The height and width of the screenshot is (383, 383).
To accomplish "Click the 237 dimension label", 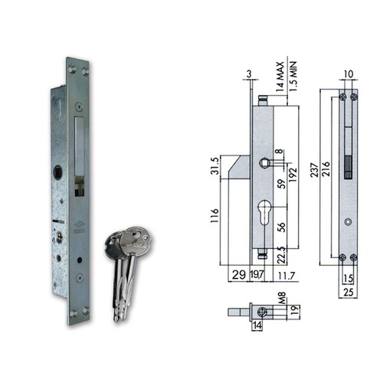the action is tap(315, 170).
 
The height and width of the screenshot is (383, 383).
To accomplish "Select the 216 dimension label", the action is tap(326, 169).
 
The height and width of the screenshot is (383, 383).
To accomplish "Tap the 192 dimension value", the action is tap(293, 175).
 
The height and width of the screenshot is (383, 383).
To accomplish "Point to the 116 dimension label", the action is tap(214, 215).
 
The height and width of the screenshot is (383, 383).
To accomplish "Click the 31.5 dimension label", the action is tap(214, 166).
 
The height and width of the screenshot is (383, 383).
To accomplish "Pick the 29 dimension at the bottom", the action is tap(239, 275).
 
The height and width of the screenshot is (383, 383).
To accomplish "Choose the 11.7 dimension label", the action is tap(286, 276).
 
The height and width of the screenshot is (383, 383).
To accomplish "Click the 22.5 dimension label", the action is tap(281, 255).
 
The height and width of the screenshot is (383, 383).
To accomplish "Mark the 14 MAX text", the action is tap(280, 77).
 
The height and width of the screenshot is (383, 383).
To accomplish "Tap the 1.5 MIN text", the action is tap(293, 76).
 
